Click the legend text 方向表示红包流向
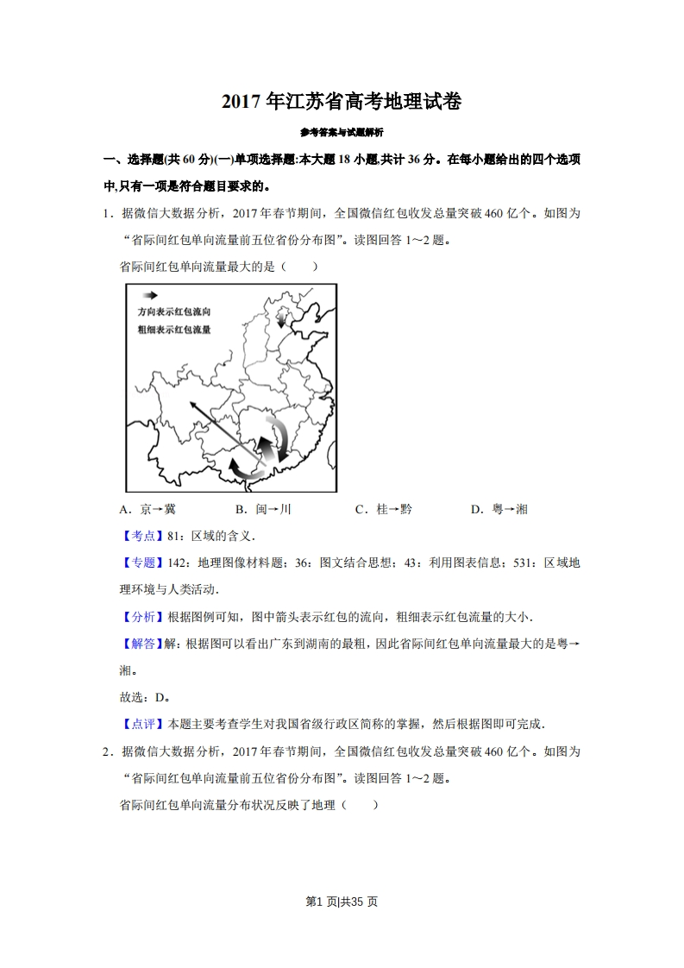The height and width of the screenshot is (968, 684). (174, 311)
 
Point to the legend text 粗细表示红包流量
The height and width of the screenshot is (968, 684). (174, 330)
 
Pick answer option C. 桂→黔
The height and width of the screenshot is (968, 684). (383, 509)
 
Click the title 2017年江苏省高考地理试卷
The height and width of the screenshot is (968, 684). (342, 102)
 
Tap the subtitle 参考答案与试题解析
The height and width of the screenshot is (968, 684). (342, 133)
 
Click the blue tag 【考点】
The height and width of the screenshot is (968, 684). (138, 536)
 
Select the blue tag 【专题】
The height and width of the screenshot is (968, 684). (138, 563)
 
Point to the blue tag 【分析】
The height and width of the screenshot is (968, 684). (138, 617)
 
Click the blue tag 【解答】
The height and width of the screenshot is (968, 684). (138, 644)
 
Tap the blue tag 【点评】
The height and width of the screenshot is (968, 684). (138, 724)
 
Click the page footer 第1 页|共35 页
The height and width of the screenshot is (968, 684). (342, 902)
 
